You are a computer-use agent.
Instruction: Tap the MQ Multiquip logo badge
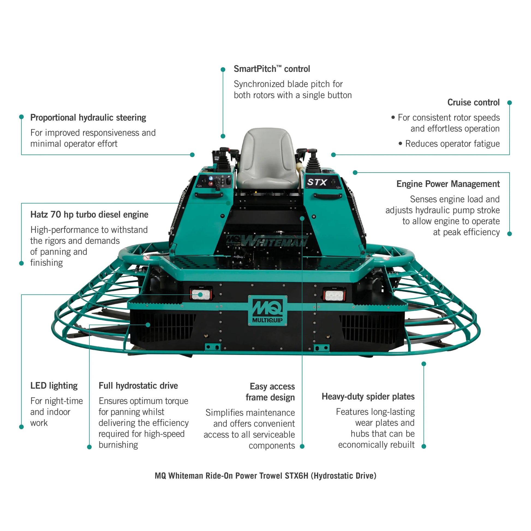point(267,311)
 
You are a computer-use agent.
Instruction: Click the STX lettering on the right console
point(317,182)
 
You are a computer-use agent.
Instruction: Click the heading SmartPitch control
point(272,69)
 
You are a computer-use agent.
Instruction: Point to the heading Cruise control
point(473,103)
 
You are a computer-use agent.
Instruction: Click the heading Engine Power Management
point(448,184)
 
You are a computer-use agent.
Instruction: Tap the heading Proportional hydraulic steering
point(88,118)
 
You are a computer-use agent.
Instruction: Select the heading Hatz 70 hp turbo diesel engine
point(89,214)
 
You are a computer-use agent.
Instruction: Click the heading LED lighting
point(54,386)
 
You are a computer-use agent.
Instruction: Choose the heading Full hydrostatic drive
point(138,386)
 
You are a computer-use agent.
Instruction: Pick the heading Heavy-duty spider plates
point(368,396)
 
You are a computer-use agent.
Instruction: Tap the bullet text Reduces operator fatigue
point(452,144)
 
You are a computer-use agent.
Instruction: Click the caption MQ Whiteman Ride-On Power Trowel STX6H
point(265,476)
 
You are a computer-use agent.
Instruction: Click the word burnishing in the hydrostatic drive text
point(118,445)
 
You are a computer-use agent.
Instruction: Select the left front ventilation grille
point(165,327)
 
